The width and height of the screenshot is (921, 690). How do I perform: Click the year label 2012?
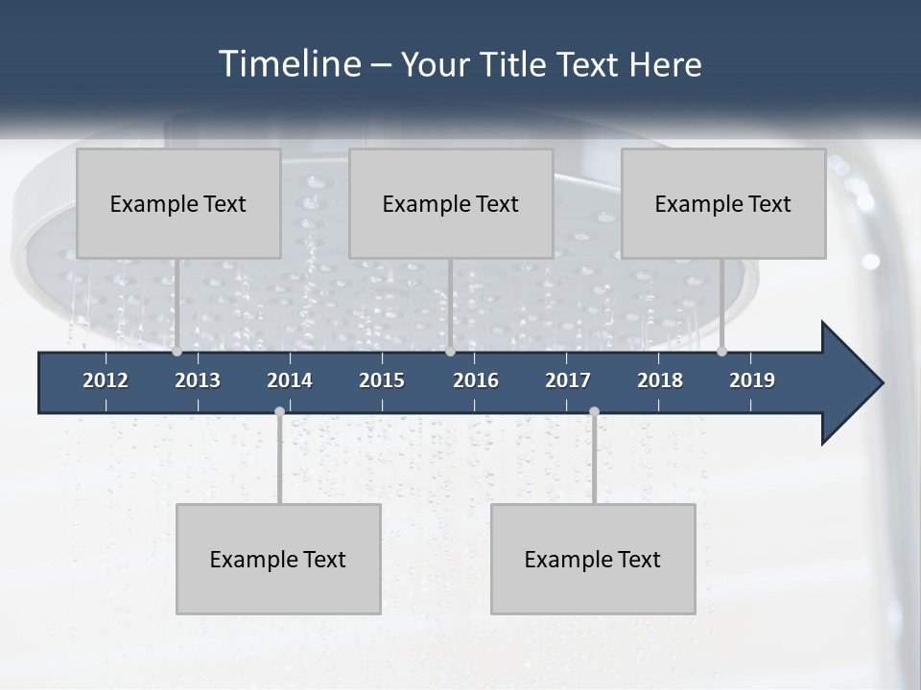(x=106, y=380)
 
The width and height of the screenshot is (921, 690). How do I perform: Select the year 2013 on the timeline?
(x=198, y=380)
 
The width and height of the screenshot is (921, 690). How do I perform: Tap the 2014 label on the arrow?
(x=290, y=380)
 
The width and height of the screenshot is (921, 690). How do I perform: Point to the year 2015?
(x=382, y=380)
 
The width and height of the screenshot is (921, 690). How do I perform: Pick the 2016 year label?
(x=476, y=380)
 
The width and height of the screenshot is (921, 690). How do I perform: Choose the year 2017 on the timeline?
(x=568, y=380)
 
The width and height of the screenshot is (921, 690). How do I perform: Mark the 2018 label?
(x=660, y=380)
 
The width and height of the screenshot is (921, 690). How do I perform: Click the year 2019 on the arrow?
(x=752, y=380)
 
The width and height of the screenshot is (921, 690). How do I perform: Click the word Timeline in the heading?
(x=287, y=64)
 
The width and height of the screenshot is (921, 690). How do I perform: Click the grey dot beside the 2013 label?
(x=177, y=352)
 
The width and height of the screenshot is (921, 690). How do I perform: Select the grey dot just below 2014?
(x=279, y=411)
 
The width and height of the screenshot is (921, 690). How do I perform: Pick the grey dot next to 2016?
(x=450, y=352)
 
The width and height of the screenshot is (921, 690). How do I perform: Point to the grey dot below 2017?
(x=594, y=411)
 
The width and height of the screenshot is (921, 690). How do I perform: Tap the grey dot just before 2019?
(x=721, y=352)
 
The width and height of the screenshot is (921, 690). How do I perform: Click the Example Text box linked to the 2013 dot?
(x=178, y=203)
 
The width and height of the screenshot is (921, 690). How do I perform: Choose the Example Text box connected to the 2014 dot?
(x=278, y=559)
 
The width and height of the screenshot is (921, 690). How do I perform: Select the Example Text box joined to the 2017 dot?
(x=593, y=559)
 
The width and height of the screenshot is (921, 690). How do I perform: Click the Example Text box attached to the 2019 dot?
(x=723, y=203)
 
